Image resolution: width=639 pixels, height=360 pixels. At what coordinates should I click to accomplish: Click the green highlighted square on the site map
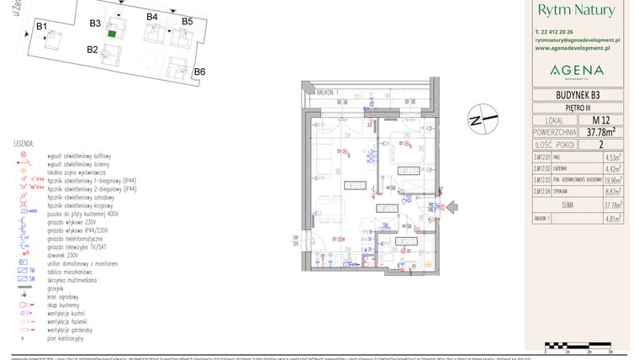pyautogui.click(x=112, y=35)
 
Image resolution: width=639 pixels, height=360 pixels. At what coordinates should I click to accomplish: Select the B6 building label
pyautogui.click(x=200, y=71)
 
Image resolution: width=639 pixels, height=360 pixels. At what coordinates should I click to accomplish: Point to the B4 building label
pyautogui.click(x=152, y=17)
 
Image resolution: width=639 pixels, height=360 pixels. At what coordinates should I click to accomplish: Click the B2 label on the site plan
pyautogui.click(x=93, y=50)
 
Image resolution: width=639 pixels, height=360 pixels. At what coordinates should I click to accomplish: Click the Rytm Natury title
pyautogui.click(x=576, y=11)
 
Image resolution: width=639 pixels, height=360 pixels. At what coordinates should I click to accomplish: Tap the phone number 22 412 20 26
pyautogui.click(x=564, y=31)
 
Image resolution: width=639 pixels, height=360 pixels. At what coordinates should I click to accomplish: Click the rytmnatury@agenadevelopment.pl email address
pyautogui.click(x=577, y=40)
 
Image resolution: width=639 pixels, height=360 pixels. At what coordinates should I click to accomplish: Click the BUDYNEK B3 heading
pyautogui.click(x=577, y=95)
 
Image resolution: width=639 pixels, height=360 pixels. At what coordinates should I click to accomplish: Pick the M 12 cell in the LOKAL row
pyautogui.click(x=600, y=120)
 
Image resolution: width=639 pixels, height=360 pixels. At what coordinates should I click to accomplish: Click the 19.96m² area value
pyautogui.click(x=611, y=179)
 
